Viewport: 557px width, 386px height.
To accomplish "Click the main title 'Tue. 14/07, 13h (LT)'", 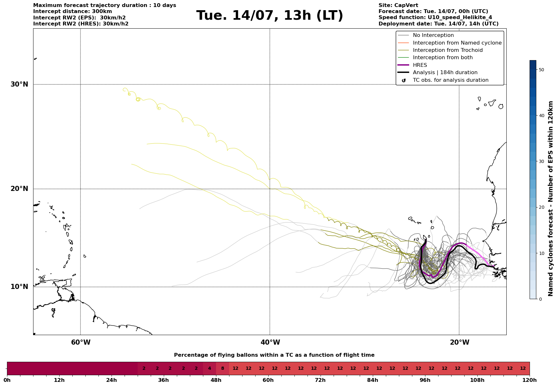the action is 270,16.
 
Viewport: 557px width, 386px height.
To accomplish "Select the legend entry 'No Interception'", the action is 433,35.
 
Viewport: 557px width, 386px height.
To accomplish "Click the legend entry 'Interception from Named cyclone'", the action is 457,43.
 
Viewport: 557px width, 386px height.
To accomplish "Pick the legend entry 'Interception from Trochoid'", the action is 448,50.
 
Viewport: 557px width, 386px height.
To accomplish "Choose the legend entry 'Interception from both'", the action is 443,58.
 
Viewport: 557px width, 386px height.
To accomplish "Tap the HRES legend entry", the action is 420,65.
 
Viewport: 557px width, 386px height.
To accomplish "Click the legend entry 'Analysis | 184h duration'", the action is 445,73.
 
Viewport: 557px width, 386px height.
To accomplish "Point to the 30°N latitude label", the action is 19,84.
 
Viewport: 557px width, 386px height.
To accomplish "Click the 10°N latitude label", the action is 19,287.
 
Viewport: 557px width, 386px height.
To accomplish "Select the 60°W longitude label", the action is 81,342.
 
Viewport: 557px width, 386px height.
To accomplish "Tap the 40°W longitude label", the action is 270,342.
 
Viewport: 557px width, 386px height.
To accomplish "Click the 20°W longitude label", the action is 459,342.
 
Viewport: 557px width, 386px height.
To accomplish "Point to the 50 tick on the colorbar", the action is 541,70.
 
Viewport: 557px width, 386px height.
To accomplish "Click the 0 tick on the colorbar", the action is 540,299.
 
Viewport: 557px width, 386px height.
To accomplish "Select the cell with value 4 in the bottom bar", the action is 209,368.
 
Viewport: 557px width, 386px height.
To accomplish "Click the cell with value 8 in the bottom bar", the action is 222,368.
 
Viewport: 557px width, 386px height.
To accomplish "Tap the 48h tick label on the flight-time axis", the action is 216,380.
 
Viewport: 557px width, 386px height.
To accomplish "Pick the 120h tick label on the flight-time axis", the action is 530,380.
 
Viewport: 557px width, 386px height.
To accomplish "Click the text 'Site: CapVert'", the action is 398,5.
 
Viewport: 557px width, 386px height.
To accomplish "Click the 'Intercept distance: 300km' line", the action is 73,11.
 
